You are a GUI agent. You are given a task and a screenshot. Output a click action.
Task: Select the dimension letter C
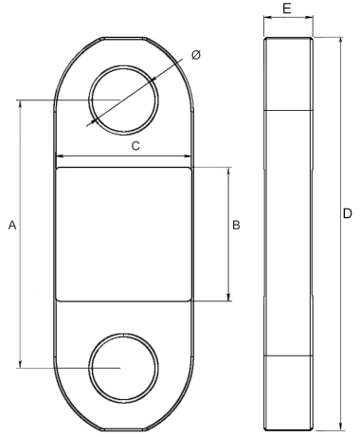(135, 146)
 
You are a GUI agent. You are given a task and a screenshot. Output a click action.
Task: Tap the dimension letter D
(347, 214)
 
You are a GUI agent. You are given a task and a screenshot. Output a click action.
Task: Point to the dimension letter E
(286, 8)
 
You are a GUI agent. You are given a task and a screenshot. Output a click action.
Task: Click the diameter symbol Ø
(195, 56)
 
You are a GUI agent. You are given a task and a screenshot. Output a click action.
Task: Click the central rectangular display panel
(124, 234)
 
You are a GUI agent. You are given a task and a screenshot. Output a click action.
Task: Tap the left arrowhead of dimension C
(59, 157)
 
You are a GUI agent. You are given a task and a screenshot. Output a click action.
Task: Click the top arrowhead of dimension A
(19, 103)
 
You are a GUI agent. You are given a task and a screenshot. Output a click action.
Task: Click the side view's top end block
(287, 74)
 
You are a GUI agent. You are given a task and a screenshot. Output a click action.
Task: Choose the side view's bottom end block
(287, 392)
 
